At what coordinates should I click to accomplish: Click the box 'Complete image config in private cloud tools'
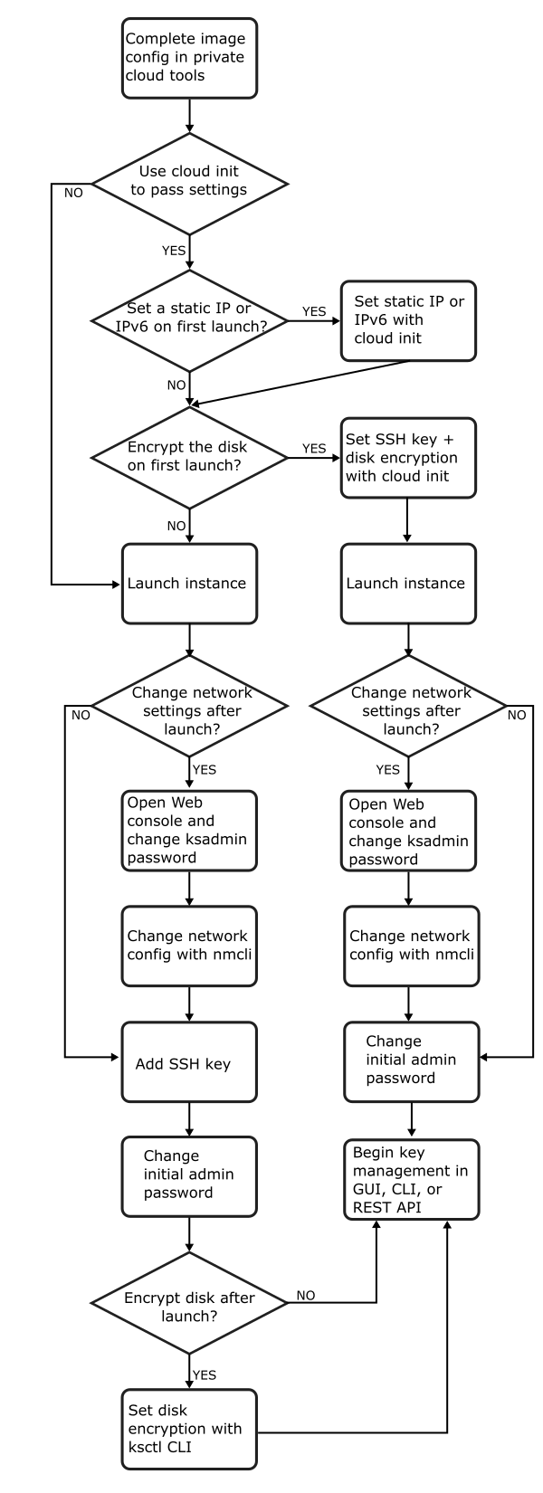pos(189,57)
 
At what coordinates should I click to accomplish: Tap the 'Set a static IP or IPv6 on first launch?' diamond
pos(189,320)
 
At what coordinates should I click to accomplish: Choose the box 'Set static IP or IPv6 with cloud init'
pos(407,320)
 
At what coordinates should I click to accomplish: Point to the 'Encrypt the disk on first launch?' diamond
pos(189,458)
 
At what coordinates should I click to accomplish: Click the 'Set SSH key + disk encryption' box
pos(407,458)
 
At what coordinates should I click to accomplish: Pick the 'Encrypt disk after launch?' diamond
pos(189,1303)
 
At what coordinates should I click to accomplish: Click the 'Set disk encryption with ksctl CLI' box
pos(189,1429)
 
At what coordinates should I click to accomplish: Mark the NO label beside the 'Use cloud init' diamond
pos(73,193)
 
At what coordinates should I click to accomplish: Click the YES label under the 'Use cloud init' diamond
pos(174,251)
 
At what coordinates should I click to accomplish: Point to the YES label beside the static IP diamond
pos(313,311)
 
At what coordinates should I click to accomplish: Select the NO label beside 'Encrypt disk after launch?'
pos(305,1296)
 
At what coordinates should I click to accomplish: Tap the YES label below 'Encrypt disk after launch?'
pos(205,1374)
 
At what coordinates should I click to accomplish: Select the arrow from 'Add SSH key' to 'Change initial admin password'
pos(189,1118)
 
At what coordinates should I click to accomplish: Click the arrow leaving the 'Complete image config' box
pos(189,114)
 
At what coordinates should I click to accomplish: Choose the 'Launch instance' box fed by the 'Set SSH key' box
pos(407,584)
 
